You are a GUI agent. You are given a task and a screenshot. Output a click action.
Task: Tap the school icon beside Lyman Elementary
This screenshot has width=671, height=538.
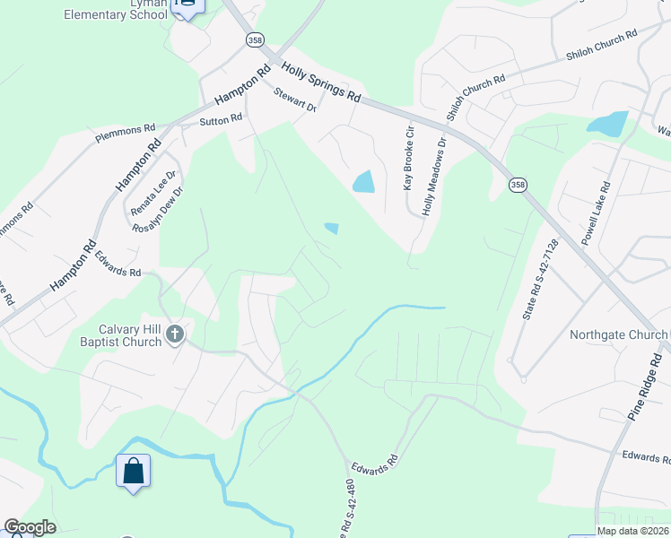coord(187,5)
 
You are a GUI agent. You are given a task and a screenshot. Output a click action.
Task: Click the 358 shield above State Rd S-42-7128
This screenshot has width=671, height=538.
coord(518,185)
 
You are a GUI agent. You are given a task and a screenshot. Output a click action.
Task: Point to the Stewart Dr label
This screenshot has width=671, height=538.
coord(296,100)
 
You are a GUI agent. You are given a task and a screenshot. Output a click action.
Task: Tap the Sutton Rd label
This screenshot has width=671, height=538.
coord(221,119)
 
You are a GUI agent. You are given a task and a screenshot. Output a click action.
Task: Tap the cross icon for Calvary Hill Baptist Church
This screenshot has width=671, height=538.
coord(175,335)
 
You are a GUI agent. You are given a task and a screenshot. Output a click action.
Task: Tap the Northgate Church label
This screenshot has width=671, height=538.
coord(618,335)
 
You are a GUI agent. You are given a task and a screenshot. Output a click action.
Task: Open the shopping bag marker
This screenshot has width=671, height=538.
coord(133,470)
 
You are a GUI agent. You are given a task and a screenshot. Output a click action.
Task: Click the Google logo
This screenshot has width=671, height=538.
coord(29,527)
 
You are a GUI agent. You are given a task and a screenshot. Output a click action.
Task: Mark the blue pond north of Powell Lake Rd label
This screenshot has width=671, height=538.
coord(608,123)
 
